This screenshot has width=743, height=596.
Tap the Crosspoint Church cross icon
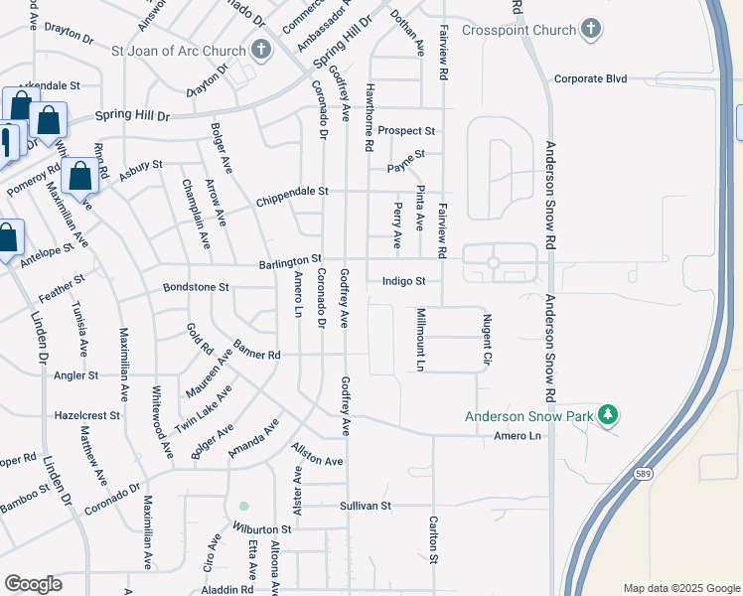point(590,29)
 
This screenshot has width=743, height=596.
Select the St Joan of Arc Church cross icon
point(260,48)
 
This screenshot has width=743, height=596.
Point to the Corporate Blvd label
point(591,78)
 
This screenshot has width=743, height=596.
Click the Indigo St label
point(403,281)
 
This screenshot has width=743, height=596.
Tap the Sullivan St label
point(366,506)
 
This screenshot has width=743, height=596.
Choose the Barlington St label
point(290,260)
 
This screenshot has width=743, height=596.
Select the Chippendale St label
point(292,191)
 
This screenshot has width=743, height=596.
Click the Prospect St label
point(406,130)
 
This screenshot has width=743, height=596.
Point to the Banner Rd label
point(258,351)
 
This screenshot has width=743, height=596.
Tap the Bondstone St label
point(196,287)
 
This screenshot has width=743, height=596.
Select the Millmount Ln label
point(420,339)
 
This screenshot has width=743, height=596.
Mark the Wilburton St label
point(263,529)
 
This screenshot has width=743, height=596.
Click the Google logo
point(33,584)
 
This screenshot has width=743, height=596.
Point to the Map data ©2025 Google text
point(680,588)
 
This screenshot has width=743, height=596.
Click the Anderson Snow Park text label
point(530,416)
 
